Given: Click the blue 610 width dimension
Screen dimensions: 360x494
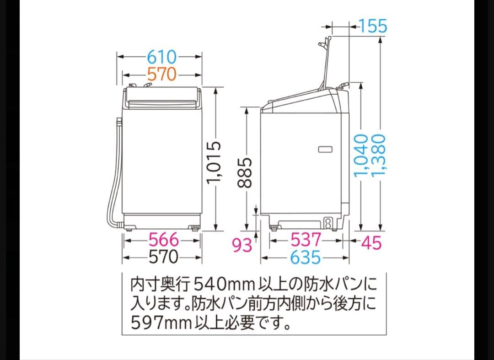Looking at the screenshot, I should [x=161, y=57].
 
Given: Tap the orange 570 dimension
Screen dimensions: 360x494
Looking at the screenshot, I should [x=161, y=74].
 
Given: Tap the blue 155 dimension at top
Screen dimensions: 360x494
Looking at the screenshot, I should [x=373, y=26].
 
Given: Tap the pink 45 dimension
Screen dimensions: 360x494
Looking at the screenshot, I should [x=371, y=243].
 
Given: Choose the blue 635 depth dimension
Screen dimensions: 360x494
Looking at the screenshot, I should [x=306, y=258].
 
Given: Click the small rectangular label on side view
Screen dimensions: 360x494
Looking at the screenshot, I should [x=325, y=149].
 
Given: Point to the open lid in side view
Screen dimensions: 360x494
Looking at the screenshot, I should [x=326, y=64].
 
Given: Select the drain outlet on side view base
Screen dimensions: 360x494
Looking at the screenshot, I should [x=328, y=223].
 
